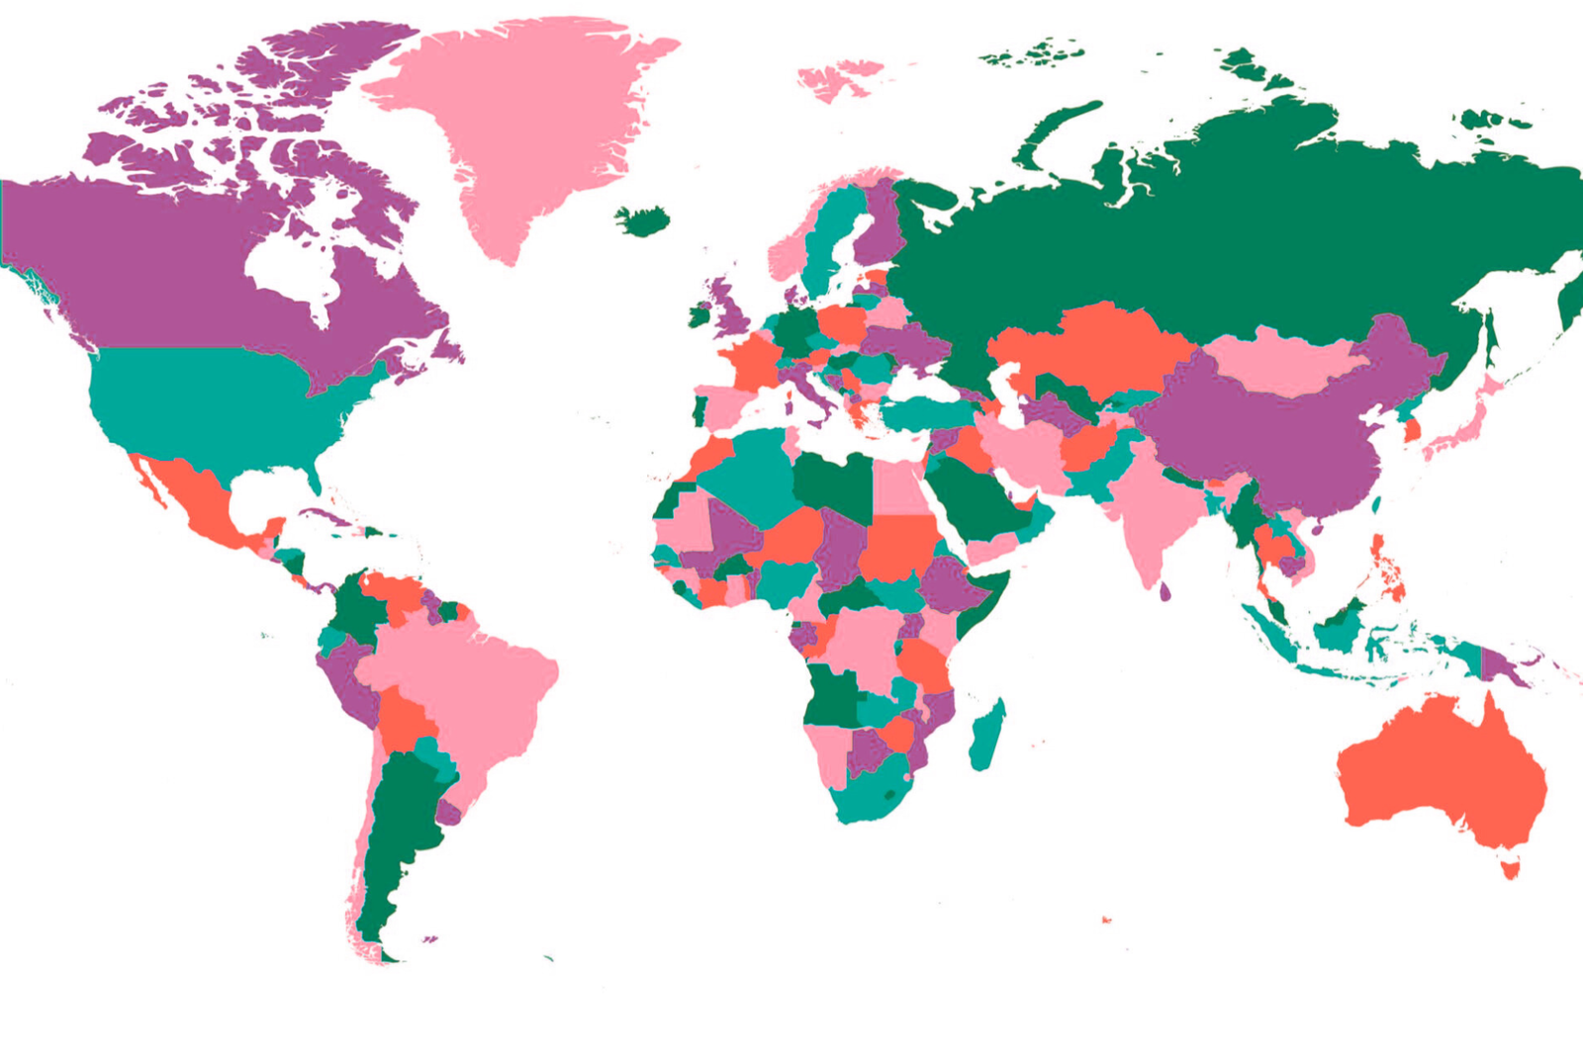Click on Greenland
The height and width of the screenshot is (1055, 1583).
point(524,129)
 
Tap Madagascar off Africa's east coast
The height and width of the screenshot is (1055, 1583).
point(986,734)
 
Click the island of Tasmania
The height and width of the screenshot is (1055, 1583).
point(1510,869)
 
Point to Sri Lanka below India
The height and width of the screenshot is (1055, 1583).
point(1164,591)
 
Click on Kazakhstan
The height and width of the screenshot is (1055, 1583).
point(1098,346)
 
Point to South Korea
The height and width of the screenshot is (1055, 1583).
point(1413,429)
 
